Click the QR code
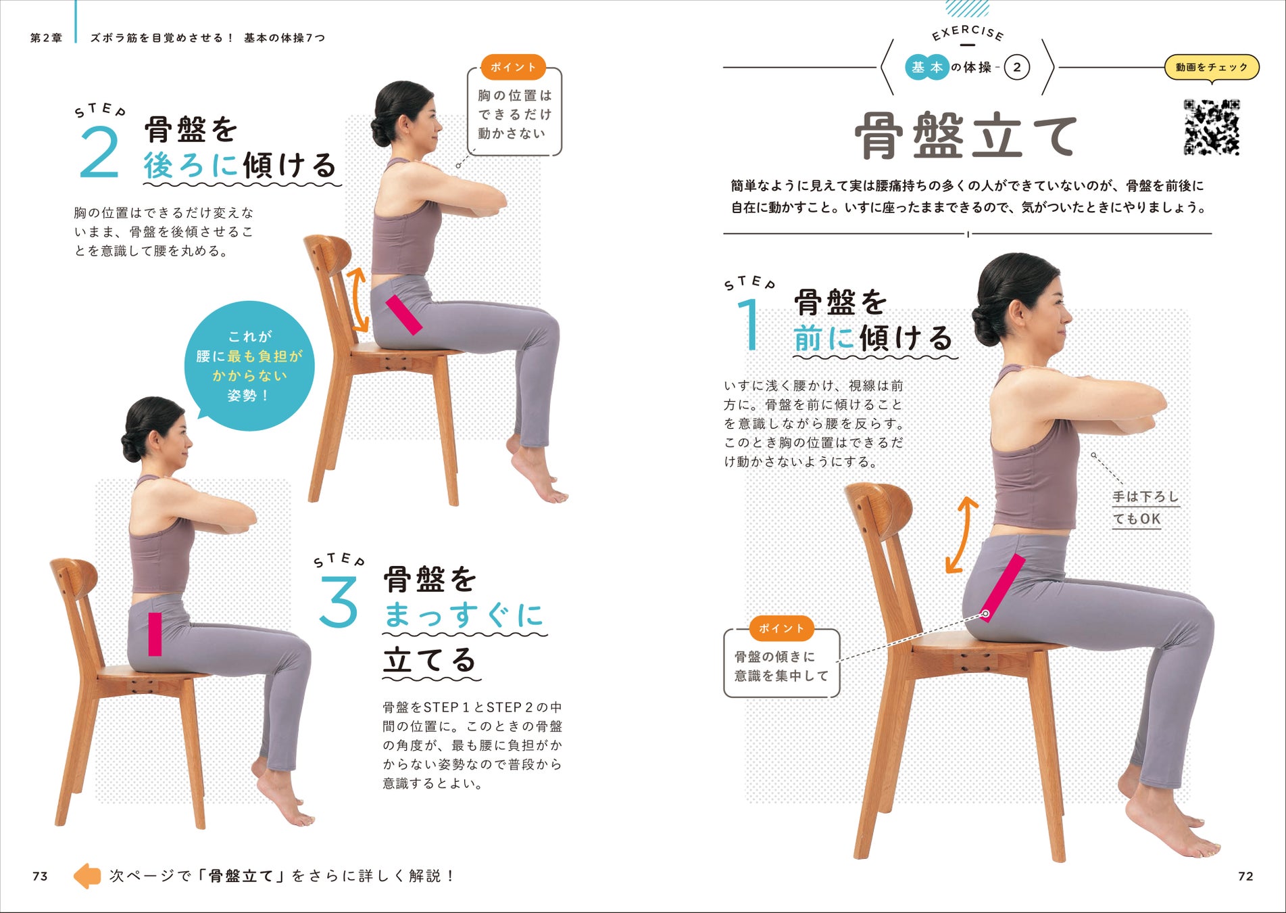(x=1212, y=127)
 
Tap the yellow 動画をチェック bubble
(x=1212, y=67)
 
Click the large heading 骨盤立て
(x=966, y=136)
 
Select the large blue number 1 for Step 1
(x=749, y=325)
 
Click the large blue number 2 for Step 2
(x=99, y=152)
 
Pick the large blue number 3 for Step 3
(x=338, y=601)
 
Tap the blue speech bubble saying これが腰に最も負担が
(x=249, y=366)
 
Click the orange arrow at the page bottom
(x=87, y=876)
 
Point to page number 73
(x=40, y=876)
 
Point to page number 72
(x=1245, y=876)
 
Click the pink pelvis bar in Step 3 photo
(x=155, y=634)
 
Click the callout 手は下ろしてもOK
(x=1145, y=508)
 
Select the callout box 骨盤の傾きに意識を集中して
(x=782, y=663)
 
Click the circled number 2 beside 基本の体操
(x=1017, y=68)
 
